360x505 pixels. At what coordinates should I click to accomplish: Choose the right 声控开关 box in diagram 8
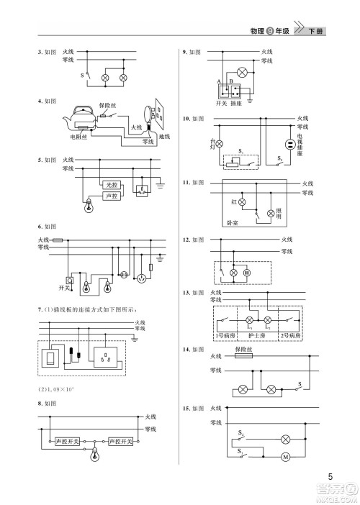coord(120,440)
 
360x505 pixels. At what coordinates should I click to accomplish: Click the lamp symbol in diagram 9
coord(241,72)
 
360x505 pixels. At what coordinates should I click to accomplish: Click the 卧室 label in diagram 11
coord(232,223)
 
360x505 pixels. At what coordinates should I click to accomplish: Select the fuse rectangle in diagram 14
coord(246,356)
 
